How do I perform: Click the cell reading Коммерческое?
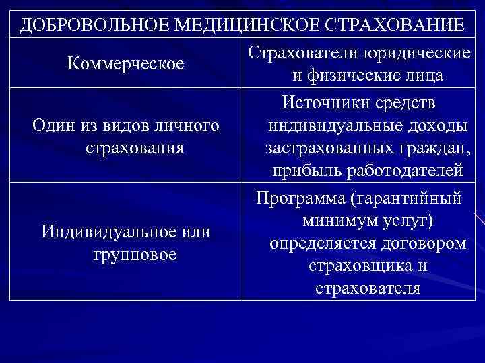click(126, 64)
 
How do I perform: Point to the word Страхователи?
click(301, 53)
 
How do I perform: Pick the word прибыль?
click(304, 171)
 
